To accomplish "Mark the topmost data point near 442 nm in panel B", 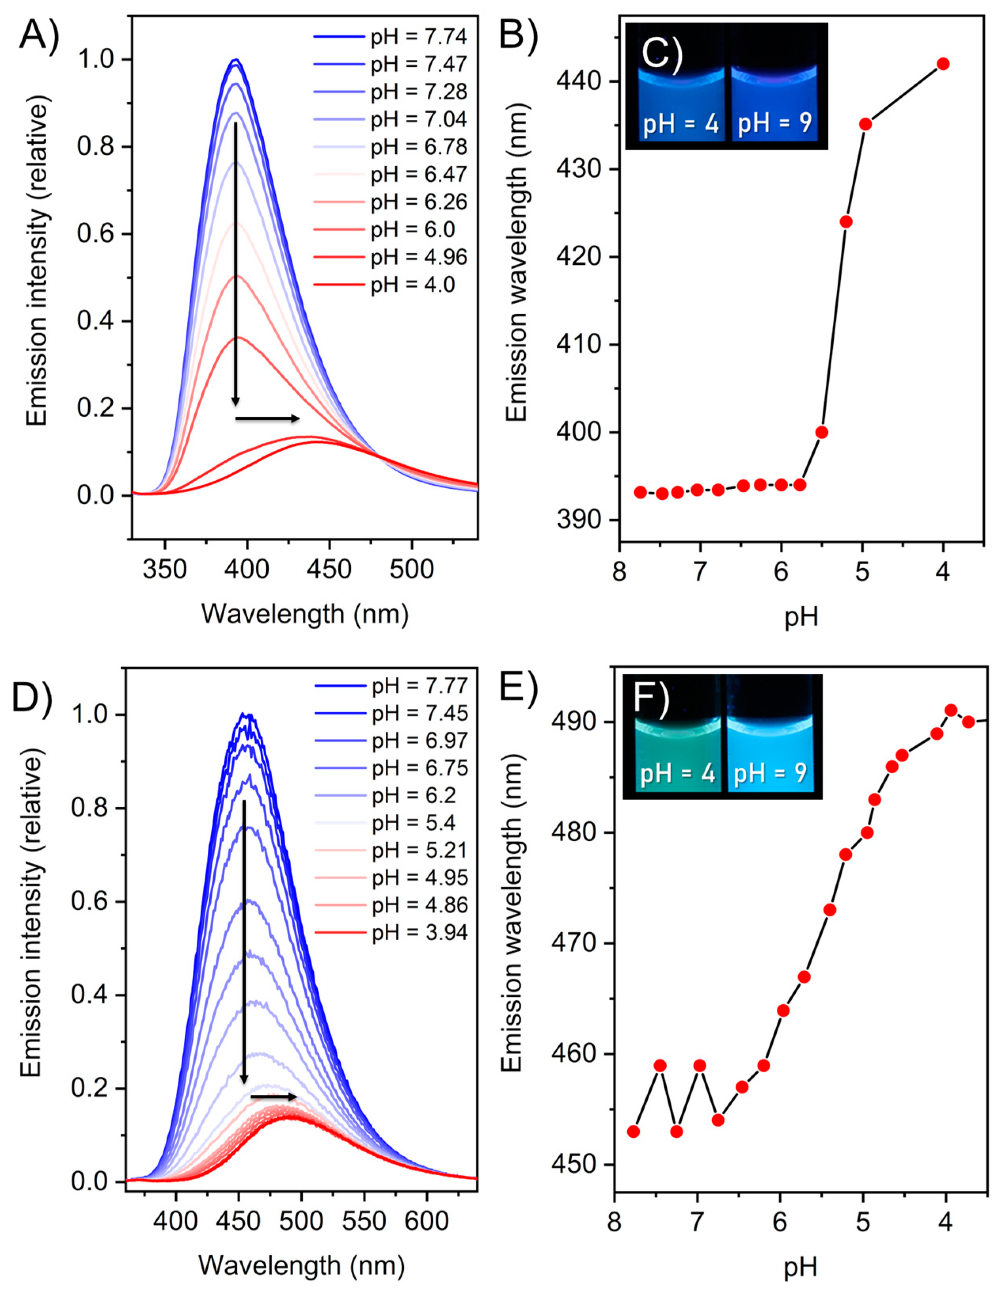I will pos(943,64).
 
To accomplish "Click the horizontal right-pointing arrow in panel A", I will pos(267,419).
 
